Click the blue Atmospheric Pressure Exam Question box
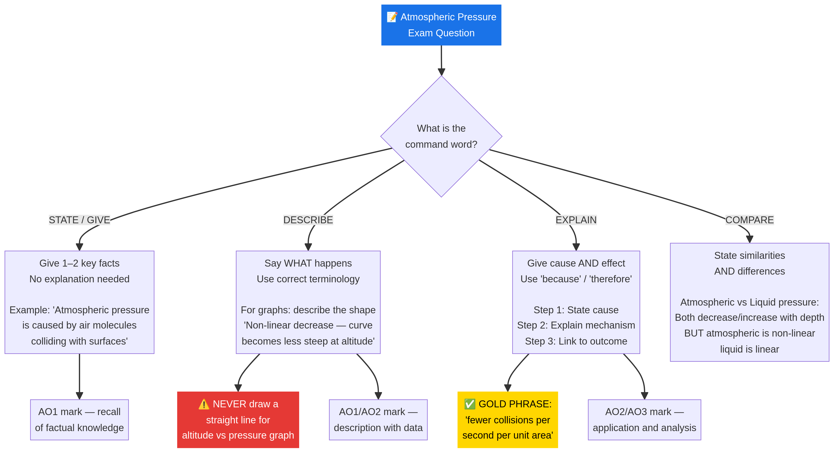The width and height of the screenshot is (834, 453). (x=441, y=25)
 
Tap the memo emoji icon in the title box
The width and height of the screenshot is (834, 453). (x=392, y=17)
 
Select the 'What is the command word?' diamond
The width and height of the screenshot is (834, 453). (x=441, y=136)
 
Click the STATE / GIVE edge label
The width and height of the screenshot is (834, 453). (x=79, y=220)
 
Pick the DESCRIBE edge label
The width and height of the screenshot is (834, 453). (x=308, y=220)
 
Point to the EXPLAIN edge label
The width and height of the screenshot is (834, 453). (x=576, y=220)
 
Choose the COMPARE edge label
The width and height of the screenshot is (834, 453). (x=749, y=220)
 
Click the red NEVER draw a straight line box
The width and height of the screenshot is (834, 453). (x=238, y=420)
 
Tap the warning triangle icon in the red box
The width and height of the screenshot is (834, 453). (x=204, y=404)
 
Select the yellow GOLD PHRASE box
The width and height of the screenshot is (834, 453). (x=507, y=420)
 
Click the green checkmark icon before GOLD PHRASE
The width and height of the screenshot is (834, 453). (x=470, y=404)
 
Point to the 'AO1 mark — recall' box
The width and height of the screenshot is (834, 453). (x=79, y=420)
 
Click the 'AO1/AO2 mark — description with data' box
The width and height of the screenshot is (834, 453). (x=378, y=420)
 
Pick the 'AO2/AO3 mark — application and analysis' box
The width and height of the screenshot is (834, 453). (x=644, y=420)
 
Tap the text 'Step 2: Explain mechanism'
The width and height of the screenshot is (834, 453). (x=576, y=325)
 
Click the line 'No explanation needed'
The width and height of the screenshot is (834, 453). (x=79, y=279)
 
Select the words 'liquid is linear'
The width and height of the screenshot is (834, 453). (x=749, y=349)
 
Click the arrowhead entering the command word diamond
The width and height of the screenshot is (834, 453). (x=441, y=72)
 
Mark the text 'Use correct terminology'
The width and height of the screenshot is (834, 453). (x=308, y=279)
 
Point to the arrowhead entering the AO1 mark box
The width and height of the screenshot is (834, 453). (x=79, y=395)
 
